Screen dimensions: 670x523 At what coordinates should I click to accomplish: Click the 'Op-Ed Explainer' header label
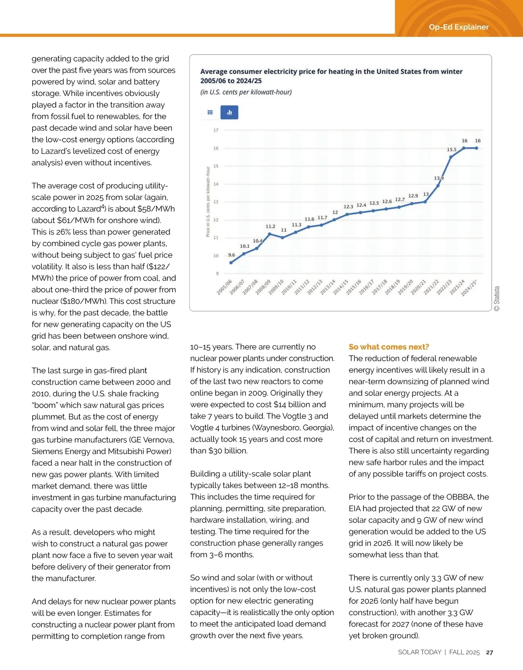click(x=458, y=27)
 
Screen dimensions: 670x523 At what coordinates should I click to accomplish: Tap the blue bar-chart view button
click(x=229, y=113)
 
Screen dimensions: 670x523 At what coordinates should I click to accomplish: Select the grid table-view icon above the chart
click(x=210, y=113)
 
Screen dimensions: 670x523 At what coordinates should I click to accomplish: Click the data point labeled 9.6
click(x=231, y=263)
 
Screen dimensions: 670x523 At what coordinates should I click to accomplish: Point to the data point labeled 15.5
click(x=451, y=157)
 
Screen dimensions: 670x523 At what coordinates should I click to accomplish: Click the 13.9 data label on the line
click(x=438, y=178)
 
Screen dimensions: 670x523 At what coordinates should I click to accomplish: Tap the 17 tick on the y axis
click(x=216, y=130)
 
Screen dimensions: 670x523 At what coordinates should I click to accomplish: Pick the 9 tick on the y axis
click(x=217, y=274)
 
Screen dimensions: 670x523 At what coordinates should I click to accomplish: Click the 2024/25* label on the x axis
click(x=469, y=288)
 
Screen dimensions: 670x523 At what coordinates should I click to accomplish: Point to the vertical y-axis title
click(x=208, y=202)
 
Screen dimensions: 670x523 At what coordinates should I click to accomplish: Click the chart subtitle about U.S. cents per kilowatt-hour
click(x=246, y=92)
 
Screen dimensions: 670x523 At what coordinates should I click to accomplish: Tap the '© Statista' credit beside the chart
click(x=497, y=299)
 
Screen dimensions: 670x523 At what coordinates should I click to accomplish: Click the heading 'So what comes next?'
click(x=389, y=347)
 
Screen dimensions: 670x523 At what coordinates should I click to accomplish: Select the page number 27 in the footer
click(x=489, y=653)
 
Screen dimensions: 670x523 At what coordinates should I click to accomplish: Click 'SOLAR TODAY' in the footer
click(x=419, y=652)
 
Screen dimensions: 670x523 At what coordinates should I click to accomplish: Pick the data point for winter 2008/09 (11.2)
click(x=270, y=234)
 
